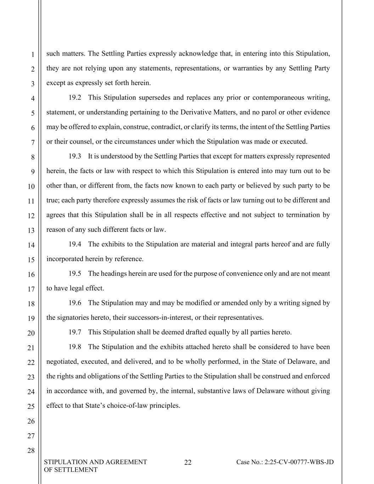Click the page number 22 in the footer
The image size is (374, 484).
pyautogui.click(x=188, y=462)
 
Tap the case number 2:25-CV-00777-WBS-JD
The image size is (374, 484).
pyautogui.click(x=285, y=462)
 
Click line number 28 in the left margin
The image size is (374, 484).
pyautogui.click(x=31, y=451)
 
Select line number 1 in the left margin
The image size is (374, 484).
pyautogui.click(x=32, y=55)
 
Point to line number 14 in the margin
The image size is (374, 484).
pyautogui.click(x=31, y=245)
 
